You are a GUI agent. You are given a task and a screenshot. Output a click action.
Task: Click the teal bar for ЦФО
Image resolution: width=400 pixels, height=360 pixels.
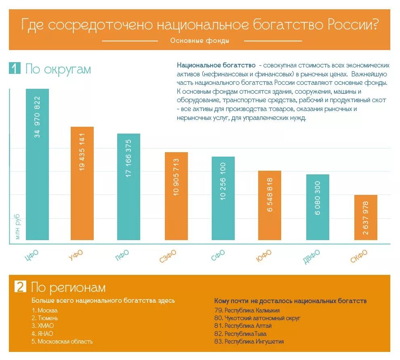[37, 165]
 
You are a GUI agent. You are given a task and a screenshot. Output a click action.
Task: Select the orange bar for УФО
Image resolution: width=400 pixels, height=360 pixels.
[82, 184]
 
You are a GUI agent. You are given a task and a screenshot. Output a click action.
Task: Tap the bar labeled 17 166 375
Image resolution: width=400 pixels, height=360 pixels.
[128, 188]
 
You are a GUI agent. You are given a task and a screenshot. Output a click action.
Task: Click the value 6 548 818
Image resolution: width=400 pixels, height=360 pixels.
[270, 194]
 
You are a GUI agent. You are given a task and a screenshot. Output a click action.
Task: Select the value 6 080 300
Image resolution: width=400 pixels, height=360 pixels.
[318, 198]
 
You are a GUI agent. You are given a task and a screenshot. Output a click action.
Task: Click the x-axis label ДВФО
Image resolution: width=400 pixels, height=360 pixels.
[312, 257]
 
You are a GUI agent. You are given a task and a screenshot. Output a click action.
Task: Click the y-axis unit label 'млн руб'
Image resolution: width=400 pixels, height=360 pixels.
[18, 227]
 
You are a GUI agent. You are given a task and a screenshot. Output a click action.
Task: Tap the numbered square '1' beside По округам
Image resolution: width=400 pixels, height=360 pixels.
[14, 69]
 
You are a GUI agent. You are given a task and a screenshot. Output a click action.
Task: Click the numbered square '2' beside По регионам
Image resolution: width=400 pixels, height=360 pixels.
[20, 287]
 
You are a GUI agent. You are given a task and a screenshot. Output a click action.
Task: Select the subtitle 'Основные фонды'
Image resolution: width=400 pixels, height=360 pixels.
[200, 41]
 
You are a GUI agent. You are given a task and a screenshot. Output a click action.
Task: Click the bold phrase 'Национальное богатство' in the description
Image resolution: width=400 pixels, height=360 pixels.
[216, 65]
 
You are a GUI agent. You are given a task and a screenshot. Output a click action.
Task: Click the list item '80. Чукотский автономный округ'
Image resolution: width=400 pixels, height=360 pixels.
[257, 318]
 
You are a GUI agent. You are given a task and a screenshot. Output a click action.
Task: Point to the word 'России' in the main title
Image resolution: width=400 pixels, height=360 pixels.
[352, 25]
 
